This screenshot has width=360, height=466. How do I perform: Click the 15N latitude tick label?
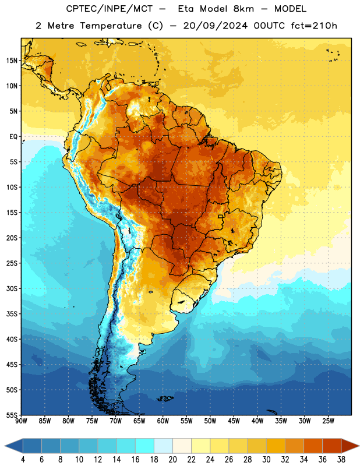tap(12, 61)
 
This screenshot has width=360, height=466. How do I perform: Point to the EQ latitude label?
tap(13, 137)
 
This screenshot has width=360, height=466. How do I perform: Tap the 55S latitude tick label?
tap(12, 415)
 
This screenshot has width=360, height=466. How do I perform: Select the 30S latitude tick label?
tap(12, 288)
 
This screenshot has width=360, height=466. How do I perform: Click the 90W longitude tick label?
tap(21, 421)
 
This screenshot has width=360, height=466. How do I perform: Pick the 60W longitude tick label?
tap(163, 421)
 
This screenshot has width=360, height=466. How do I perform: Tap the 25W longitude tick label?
tap(328, 421)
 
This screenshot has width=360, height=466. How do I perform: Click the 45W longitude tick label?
tap(234, 421)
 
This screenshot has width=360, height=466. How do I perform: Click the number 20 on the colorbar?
tap(172, 460)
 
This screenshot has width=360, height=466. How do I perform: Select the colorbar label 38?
tap(341, 460)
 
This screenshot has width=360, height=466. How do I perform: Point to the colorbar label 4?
tap(23, 460)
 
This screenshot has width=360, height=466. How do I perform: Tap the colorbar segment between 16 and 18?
tap(144, 446)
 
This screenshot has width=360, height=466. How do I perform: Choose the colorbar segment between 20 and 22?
tap(182, 446)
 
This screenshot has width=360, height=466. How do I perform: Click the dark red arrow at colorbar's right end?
tap(350, 446)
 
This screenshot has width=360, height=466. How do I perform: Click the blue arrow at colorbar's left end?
tap(14, 446)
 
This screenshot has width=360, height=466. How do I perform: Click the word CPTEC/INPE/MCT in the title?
tap(109, 9)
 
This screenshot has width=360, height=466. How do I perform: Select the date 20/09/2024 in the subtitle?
tap(215, 26)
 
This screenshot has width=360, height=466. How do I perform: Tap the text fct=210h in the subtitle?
tap(314, 26)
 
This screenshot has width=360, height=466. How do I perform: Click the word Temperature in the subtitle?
tap(111, 26)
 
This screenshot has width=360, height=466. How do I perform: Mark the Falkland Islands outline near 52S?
tap(165, 398)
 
